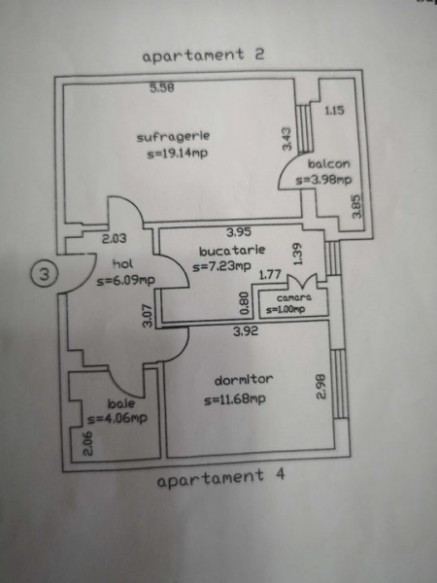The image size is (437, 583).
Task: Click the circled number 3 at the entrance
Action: [44, 275]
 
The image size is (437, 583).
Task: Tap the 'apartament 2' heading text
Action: [203, 55]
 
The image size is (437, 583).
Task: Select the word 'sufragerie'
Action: [173, 137]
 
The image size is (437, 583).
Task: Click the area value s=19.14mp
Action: [178, 154]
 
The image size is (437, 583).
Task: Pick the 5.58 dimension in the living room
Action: [162, 88]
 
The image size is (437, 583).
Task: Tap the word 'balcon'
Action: [328, 164]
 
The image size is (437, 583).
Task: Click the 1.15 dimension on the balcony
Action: [334, 111]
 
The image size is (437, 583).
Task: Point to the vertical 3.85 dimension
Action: [356, 207]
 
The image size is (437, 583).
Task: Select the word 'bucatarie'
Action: [232, 251]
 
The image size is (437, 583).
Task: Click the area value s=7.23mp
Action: [221, 266]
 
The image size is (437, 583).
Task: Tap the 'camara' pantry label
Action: [294, 298]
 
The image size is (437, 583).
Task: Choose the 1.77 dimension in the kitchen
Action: [270, 275]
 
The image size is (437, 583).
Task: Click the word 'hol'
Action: [122, 264]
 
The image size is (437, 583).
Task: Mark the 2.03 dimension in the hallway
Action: [114, 238]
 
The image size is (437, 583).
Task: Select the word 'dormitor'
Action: [244, 380]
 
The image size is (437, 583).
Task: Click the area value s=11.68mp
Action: [235, 399]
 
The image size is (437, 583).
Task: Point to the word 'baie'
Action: [121, 403]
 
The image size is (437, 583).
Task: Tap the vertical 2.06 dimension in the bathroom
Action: [88, 444]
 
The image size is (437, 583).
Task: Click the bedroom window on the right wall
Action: [339, 384]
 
